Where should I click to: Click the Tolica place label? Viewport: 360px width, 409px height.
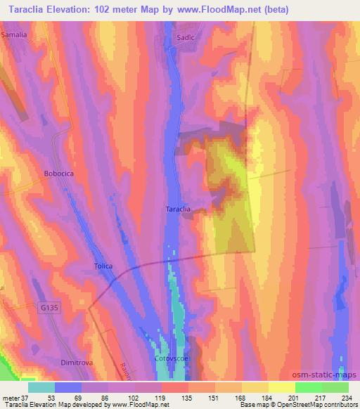[x=104, y=266]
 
